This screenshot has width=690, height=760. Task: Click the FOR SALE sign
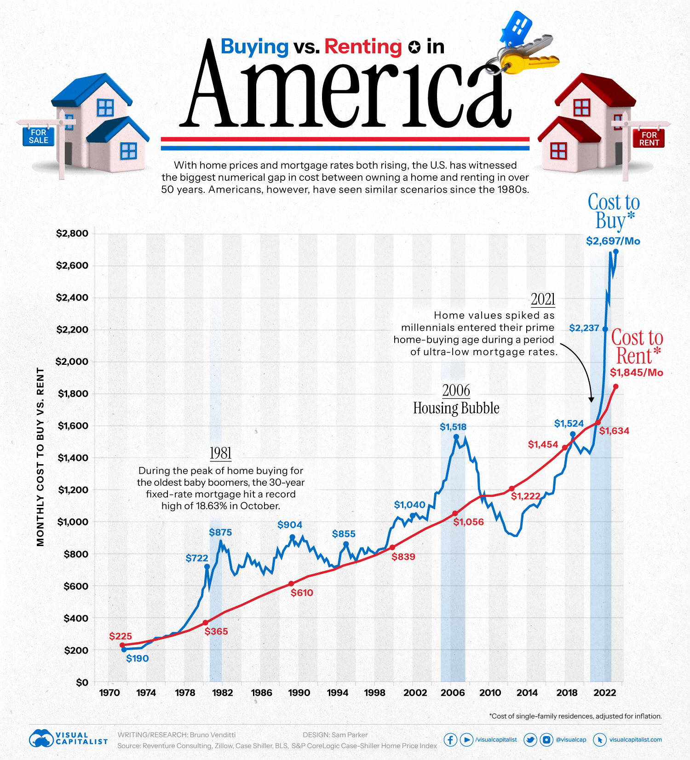39,137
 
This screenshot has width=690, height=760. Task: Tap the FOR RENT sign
649,138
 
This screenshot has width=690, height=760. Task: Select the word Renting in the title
363,46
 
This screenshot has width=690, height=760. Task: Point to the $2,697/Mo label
613,241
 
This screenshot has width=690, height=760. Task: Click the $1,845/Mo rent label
636,373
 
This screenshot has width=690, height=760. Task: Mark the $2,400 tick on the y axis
72,298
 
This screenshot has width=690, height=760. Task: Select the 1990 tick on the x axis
299,693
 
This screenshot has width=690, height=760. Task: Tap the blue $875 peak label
220,532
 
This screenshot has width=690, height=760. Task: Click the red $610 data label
302,593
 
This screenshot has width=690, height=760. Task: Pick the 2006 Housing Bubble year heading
456,391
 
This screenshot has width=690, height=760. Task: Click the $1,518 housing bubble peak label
453,427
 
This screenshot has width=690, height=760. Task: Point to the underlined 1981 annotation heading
220,453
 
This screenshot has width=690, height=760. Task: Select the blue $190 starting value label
138,658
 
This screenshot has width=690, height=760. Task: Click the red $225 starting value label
121,636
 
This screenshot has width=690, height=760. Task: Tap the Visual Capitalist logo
68,738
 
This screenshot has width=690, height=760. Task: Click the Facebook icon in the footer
450,740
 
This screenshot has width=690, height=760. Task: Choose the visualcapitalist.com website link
635,740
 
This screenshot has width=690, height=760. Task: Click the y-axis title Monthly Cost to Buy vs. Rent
40,457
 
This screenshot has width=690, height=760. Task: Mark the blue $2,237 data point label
584,328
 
